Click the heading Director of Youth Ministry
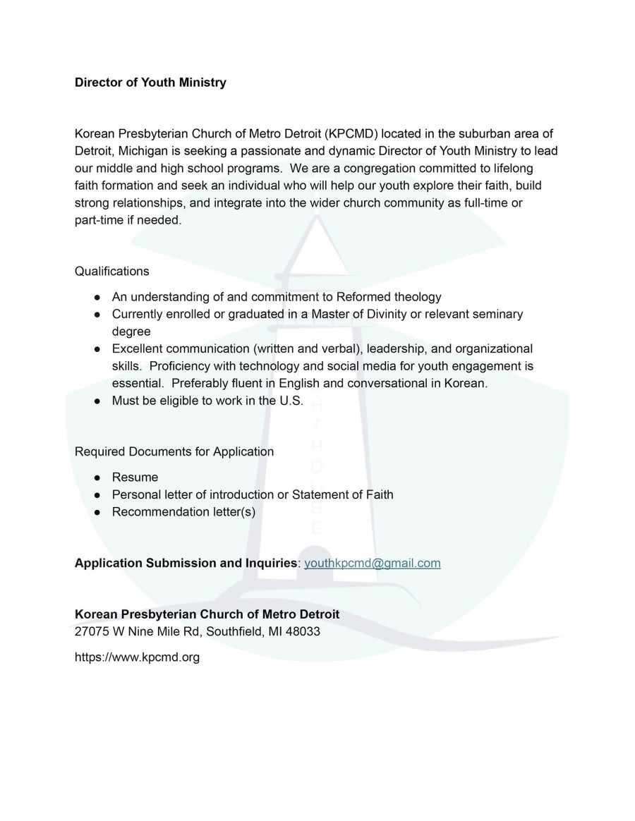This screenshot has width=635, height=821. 150,83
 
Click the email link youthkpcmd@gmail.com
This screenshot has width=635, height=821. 372,563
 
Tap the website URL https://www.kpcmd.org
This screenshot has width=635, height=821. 137,657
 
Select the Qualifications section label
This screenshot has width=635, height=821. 111,271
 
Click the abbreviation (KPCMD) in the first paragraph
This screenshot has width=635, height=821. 351,133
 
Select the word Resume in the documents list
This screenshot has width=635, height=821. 135,478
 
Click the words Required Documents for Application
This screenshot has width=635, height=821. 174,451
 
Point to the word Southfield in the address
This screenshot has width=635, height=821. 232,631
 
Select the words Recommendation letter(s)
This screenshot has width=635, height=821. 183,511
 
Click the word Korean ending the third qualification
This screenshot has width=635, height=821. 467,384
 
